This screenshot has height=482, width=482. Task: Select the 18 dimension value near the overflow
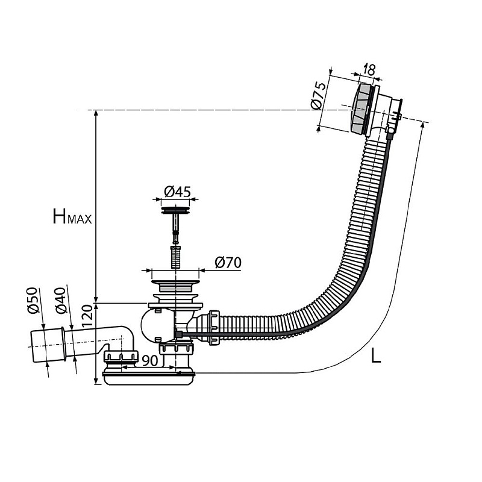click(x=369, y=70)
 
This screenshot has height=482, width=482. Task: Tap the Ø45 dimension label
click(x=177, y=192)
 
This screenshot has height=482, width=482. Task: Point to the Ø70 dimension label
click(x=228, y=262)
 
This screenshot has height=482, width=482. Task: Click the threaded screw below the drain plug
click(x=176, y=255)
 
